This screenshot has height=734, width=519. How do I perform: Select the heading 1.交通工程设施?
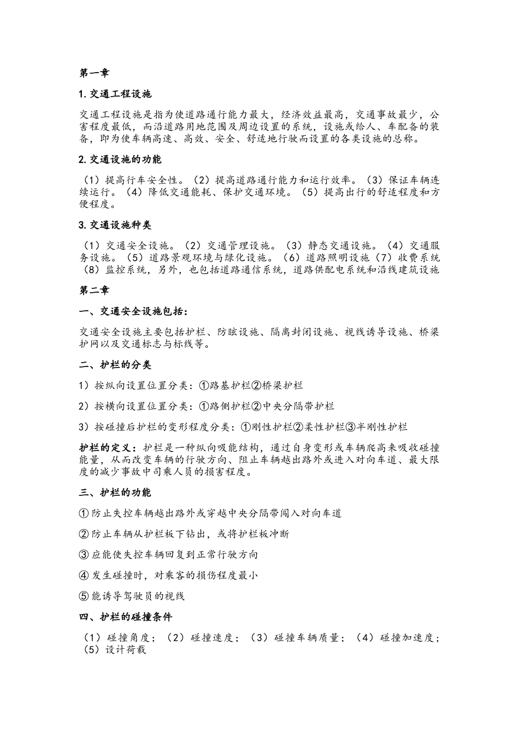(x=115, y=94)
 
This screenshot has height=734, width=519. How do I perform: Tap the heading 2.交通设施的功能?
(x=120, y=159)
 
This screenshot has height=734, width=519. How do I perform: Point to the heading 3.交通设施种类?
(x=115, y=225)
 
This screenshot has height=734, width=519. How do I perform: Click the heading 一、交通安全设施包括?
(x=133, y=311)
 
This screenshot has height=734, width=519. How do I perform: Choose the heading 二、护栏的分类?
(x=115, y=365)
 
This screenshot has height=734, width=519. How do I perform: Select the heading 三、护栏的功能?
(x=115, y=493)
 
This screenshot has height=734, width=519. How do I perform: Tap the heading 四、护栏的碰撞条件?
(x=125, y=617)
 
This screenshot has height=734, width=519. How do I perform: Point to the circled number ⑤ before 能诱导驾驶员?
(x=84, y=596)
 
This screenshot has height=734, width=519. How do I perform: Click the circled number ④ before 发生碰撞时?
(x=84, y=576)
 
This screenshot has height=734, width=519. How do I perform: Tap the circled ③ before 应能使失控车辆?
(x=84, y=555)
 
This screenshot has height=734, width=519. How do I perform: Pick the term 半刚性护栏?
(x=382, y=427)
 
